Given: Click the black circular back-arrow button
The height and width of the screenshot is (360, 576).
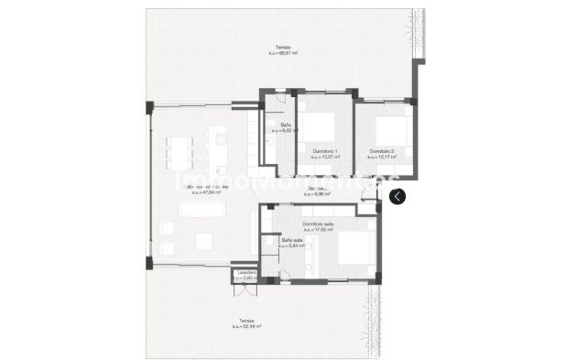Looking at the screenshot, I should pos(397,196).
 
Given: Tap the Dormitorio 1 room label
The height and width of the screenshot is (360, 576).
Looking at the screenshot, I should pos(325,150).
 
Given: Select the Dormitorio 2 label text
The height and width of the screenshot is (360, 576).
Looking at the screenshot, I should pos(382,150).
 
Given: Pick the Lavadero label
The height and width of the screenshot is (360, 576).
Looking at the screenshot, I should pos(245,272).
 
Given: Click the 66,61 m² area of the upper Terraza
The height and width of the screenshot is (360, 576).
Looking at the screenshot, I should pos(284,54).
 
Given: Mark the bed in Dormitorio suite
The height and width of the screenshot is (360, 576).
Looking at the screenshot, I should pos(353,247).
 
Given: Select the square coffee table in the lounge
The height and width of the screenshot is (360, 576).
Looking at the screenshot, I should pos(203,241).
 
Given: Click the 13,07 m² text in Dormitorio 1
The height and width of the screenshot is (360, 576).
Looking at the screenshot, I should pos(325,157).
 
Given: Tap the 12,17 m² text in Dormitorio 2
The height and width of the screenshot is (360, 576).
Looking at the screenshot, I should pos(382,157).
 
